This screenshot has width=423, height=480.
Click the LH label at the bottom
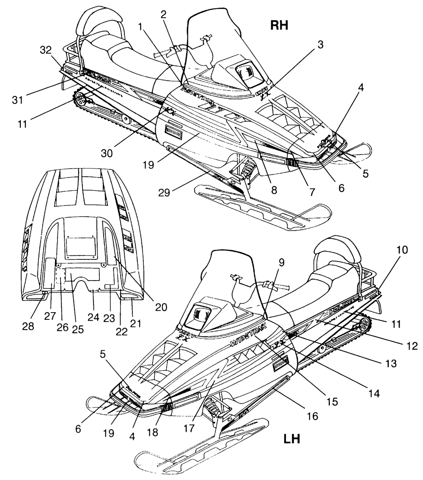pyautogui.click(x=291, y=439)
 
